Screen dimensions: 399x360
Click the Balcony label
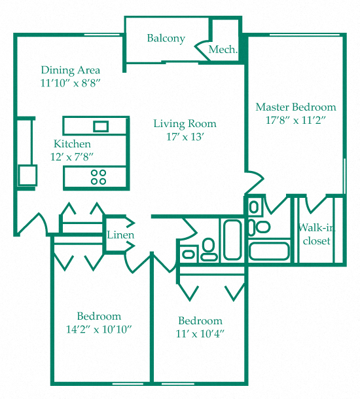[166, 38]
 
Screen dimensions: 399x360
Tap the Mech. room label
[223, 50]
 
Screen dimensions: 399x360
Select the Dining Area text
[70, 70]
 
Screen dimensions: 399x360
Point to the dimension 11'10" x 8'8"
[70, 83]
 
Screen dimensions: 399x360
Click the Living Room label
[185, 124]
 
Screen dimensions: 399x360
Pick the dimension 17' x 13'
[186, 137]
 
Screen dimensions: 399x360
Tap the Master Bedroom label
[295, 107]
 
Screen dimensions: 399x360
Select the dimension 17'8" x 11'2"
[295, 120]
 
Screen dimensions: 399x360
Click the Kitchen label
[72, 144]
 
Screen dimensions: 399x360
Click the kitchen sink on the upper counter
[101, 126]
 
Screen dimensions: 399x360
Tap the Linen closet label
[120, 235]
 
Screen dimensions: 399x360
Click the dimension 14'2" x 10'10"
[99, 329]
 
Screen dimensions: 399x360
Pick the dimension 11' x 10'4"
[200, 334]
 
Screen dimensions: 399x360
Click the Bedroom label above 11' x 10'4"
[200, 321]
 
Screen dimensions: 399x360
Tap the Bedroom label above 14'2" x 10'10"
[99, 316]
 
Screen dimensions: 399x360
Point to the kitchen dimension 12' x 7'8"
[72, 157]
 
